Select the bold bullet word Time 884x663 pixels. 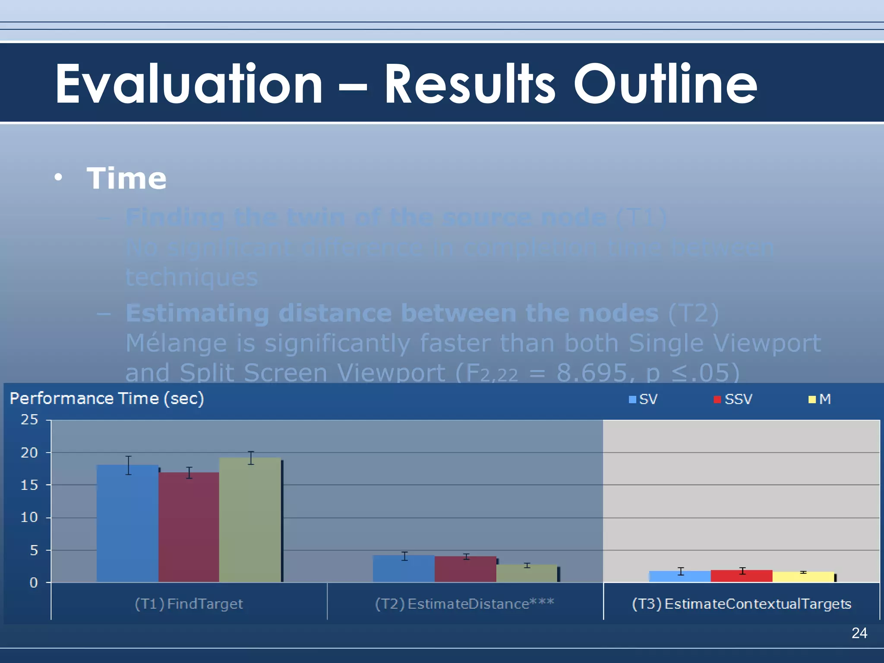point(126,178)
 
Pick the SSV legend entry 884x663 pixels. point(733,399)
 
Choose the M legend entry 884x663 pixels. point(820,399)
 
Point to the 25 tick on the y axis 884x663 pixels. point(29,420)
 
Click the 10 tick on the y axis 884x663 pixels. point(29,517)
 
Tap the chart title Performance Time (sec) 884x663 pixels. point(107,398)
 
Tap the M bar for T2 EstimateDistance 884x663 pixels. point(527,574)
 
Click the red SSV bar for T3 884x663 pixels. point(741,576)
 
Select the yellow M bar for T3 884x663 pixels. point(803,577)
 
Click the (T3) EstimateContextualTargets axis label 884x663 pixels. point(741,604)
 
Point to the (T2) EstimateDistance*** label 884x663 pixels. point(464,604)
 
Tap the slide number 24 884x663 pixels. point(859,633)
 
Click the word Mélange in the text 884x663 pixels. point(176,344)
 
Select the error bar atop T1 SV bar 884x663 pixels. point(129,465)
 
